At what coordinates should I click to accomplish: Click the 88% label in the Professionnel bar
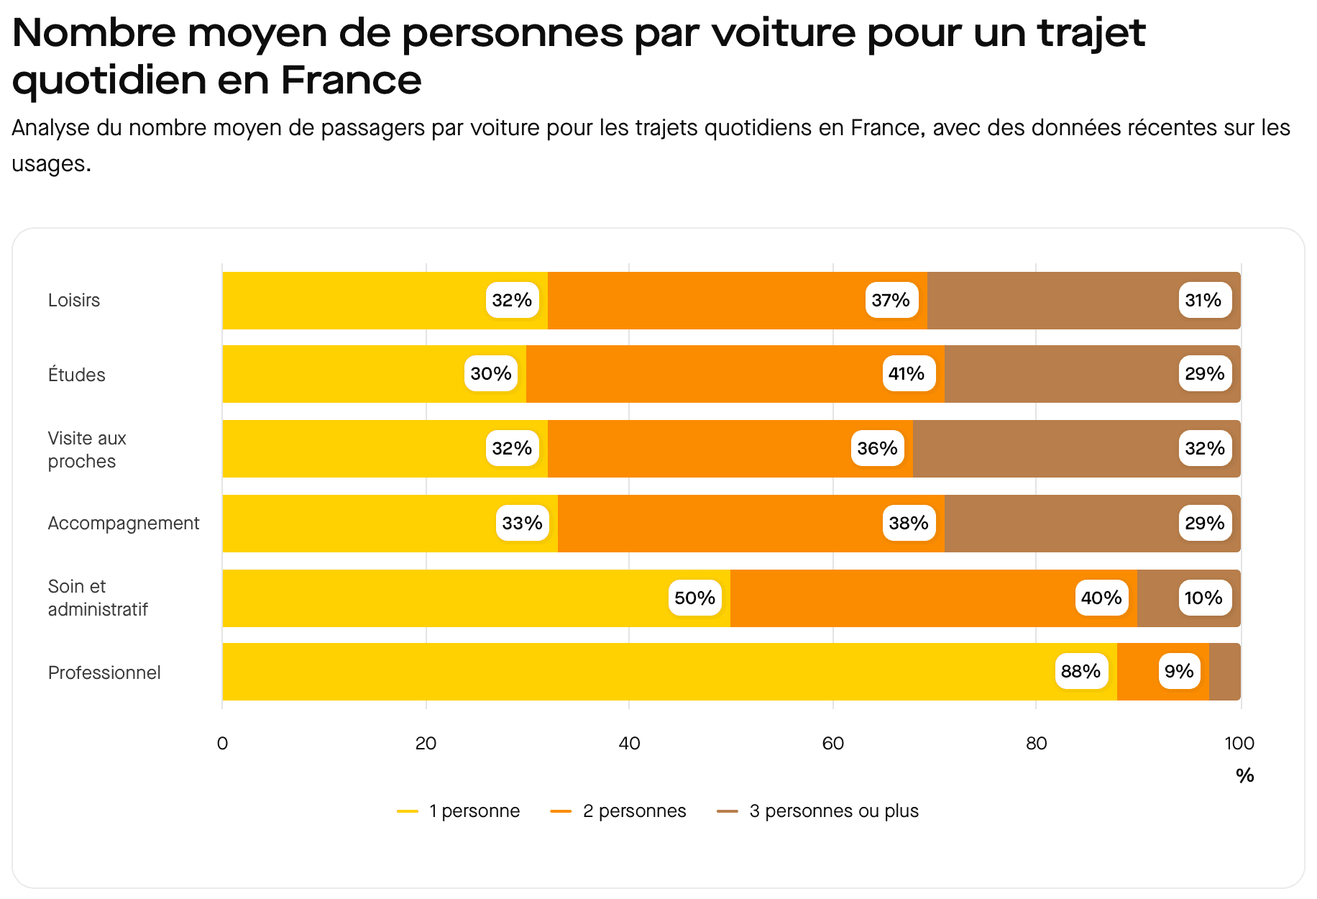1080,671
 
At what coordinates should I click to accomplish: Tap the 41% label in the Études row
907,373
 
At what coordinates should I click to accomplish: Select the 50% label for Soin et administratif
694,598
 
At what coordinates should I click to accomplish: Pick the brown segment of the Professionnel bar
1224,671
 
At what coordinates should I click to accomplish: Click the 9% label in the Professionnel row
1179,671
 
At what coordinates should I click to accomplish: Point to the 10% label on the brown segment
1203,598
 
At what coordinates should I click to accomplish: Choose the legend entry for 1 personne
459,811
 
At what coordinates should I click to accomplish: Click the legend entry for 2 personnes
618,811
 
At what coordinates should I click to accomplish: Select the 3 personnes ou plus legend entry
818,811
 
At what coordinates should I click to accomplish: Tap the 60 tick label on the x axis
832,743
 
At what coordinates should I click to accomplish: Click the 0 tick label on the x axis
222,743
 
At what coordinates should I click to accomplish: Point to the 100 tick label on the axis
1239,743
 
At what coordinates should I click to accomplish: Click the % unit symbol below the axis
1244,775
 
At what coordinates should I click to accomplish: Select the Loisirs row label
74,300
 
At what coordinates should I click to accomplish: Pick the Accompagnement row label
124,523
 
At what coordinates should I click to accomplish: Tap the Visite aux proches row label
86,449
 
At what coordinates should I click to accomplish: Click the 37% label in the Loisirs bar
891,300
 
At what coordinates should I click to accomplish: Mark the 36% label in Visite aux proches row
877,448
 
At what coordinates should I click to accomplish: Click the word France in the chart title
351,79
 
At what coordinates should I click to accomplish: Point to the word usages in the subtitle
50,164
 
